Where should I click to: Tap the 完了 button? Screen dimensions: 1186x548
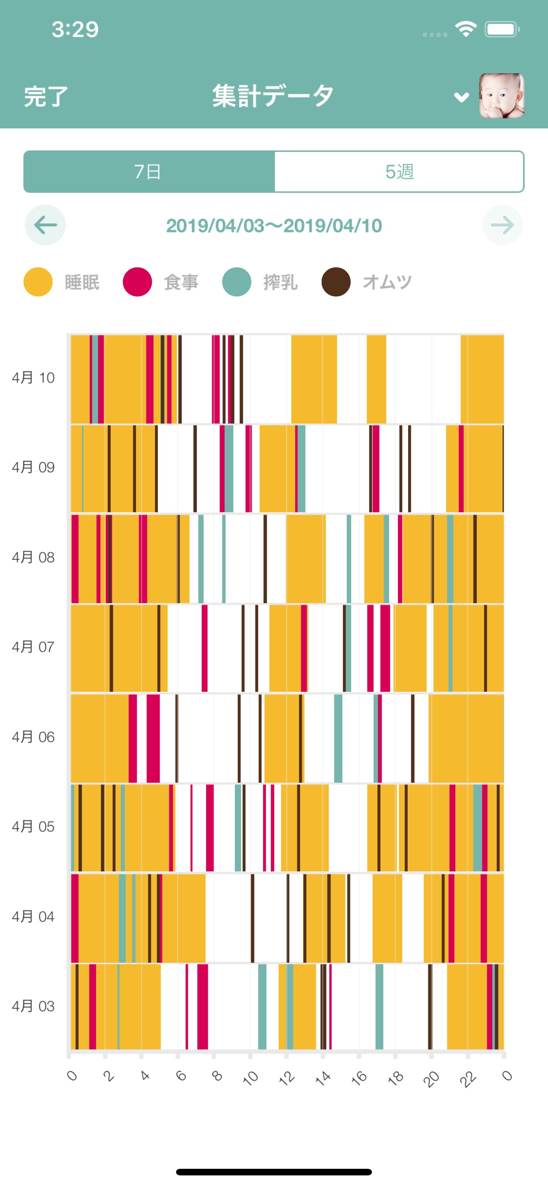(x=45, y=97)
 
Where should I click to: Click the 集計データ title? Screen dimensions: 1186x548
(x=273, y=96)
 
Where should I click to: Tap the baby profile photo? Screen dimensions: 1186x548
(x=502, y=96)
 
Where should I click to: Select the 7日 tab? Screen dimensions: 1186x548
(x=148, y=172)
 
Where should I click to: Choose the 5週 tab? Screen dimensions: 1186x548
(x=399, y=172)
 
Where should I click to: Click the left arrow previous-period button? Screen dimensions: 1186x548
(x=45, y=225)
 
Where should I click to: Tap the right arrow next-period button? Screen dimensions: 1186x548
(x=502, y=225)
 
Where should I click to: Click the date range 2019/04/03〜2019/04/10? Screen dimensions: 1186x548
(x=274, y=225)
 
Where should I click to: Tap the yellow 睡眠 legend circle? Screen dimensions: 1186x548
(x=38, y=282)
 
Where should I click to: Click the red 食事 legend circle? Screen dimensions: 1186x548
(x=137, y=282)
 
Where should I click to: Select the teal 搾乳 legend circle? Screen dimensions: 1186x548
(x=236, y=282)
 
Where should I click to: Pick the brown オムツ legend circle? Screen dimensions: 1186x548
(x=336, y=282)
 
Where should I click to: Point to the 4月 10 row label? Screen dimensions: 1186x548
(x=33, y=378)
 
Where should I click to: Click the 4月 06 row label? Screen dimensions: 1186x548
(x=33, y=737)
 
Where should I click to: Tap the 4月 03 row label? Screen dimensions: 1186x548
(x=33, y=1006)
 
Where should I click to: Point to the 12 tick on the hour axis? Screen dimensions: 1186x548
(x=286, y=1077)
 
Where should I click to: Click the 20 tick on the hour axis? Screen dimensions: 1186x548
(x=431, y=1077)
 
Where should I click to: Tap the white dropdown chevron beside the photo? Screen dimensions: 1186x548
(x=462, y=97)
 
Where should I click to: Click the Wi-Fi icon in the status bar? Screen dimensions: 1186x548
(x=465, y=30)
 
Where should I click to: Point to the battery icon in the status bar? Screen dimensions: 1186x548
(x=502, y=30)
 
